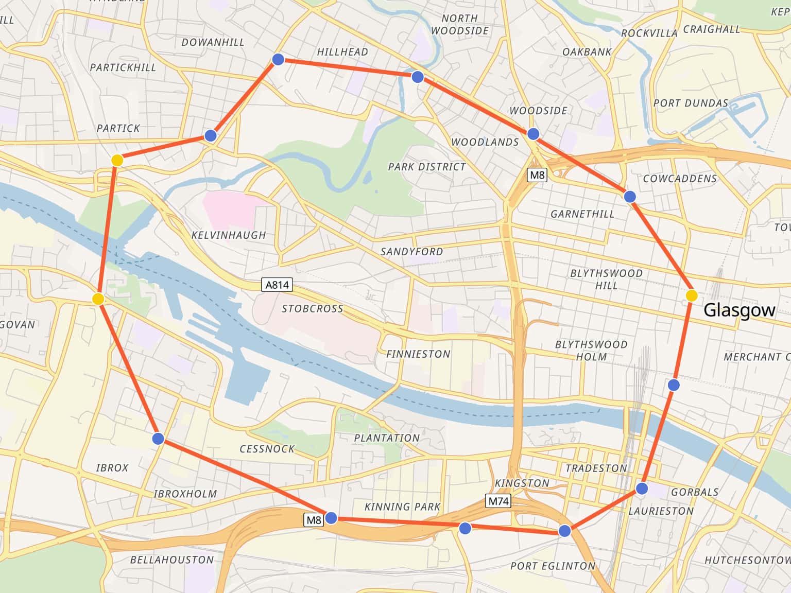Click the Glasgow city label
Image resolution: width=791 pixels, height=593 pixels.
coord(738,310)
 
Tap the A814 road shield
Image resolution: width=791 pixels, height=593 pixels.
coord(277,285)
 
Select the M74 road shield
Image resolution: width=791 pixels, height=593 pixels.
coord(498,501)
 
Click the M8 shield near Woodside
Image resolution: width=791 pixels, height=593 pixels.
coord(537,175)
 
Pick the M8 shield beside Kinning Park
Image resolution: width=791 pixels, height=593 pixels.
coord(314,520)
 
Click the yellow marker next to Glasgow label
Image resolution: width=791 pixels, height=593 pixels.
coord(692,295)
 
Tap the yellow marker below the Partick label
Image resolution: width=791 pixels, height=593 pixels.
coord(117,160)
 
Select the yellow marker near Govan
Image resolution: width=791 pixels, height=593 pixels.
coord(98,299)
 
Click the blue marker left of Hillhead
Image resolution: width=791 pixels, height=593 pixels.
coord(278,59)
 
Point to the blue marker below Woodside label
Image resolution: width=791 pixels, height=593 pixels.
coord(533,134)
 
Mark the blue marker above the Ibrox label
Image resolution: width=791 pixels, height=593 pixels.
coord(158,439)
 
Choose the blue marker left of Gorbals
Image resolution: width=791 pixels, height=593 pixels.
coord(642,488)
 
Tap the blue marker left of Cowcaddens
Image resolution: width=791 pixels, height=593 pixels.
coord(629,197)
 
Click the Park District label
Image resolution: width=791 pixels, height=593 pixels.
coord(426,167)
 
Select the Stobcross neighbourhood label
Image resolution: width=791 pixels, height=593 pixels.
coord(312,309)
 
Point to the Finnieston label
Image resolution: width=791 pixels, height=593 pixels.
coord(418,354)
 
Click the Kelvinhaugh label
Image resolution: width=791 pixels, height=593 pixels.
coord(229,235)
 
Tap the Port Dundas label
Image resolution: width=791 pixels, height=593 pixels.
coord(691,103)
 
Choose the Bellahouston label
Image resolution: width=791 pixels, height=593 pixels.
coord(171,560)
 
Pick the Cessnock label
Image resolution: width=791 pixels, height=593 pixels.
coord(267,449)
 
